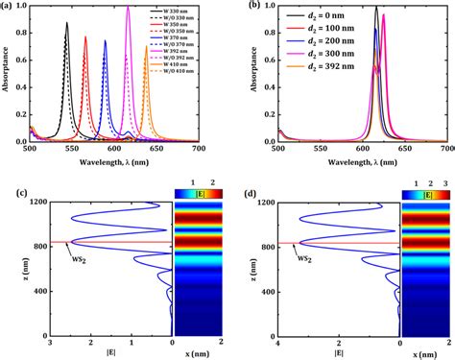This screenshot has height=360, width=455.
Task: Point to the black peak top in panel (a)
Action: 67,22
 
